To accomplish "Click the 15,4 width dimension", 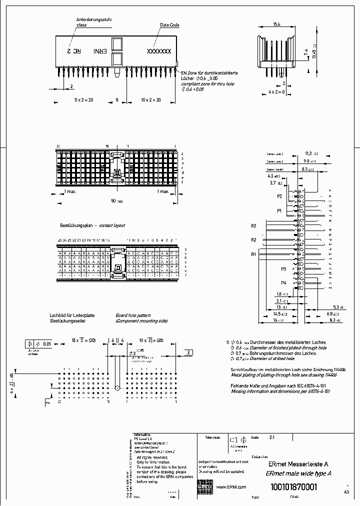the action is pos(276,23).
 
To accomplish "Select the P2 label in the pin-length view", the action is pos(280,196).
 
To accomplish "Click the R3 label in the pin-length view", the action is pos(253,226).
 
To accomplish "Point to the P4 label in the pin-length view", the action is pos(283,283).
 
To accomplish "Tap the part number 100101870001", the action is pos(293,487).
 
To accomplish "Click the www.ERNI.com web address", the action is pos(231,486).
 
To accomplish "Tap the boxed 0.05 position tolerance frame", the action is pos(38,343).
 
